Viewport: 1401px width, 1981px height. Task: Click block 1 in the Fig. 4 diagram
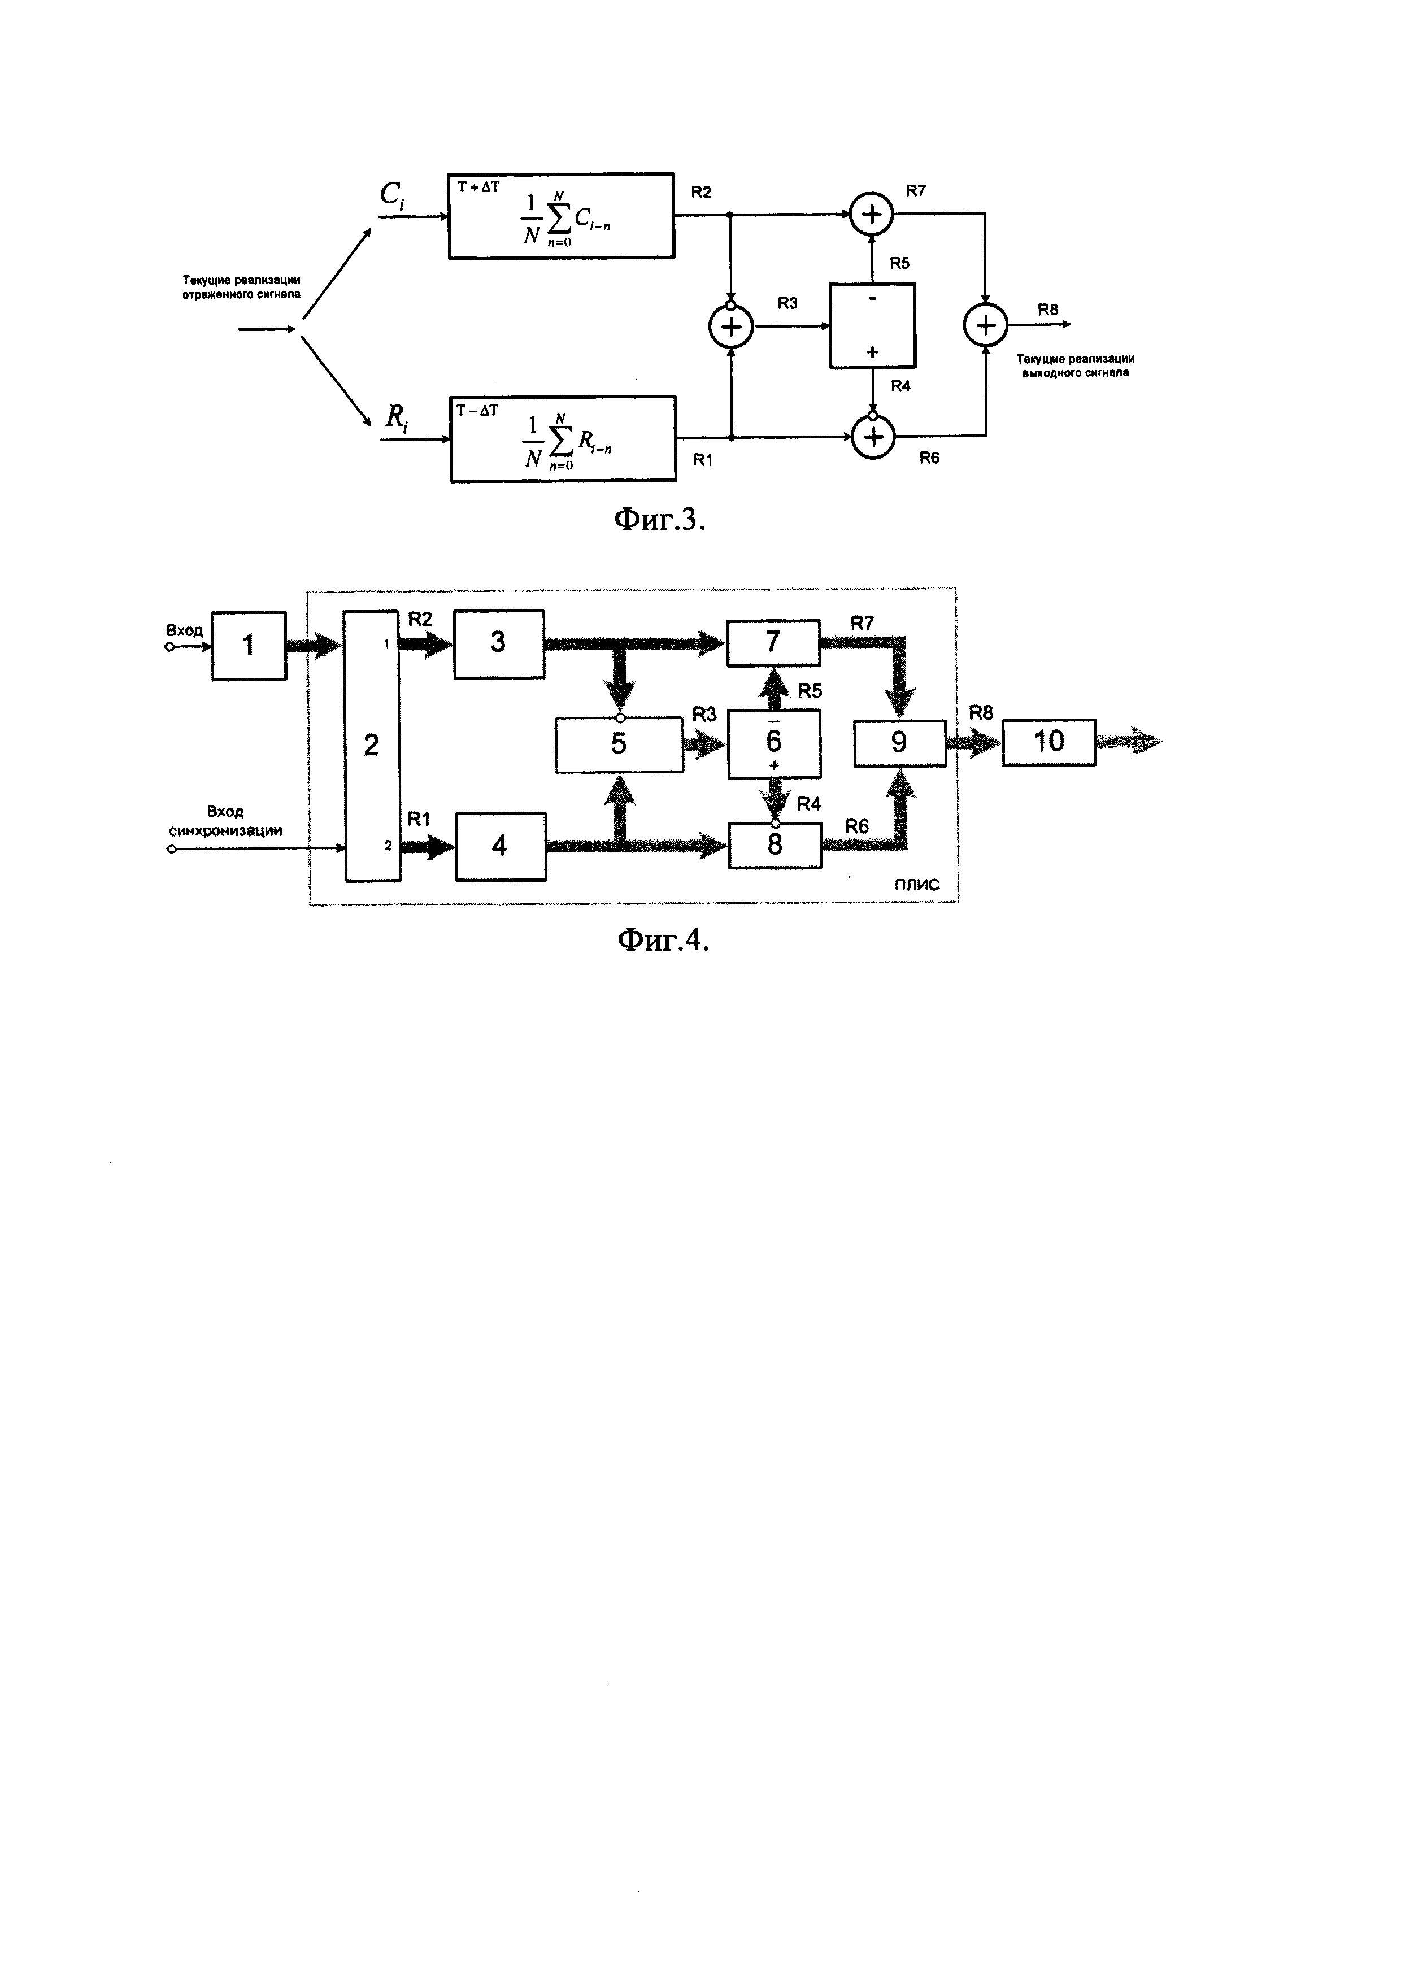[249, 646]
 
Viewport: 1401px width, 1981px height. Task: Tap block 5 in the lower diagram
[619, 744]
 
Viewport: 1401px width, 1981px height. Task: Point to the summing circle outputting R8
[986, 325]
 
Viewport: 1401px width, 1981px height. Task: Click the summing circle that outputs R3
[730, 327]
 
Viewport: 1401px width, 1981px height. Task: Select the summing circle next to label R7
[872, 214]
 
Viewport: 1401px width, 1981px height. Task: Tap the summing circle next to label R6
[874, 437]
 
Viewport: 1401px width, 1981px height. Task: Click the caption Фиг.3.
[659, 520]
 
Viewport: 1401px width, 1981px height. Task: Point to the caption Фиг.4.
[663, 939]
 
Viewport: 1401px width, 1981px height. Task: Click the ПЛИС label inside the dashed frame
[916, 885]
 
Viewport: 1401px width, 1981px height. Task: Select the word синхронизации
[226, 831]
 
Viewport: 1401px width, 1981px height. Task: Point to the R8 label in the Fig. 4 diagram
[981, 713]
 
